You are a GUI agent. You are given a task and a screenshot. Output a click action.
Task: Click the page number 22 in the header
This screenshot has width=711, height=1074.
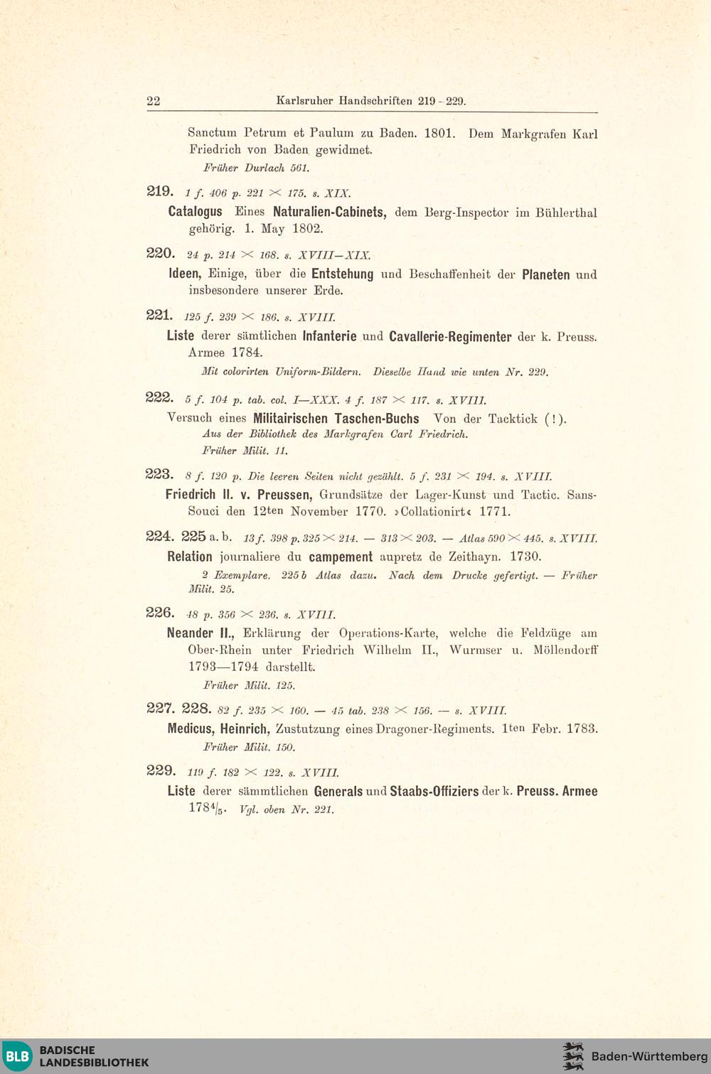click(x=154, y=101)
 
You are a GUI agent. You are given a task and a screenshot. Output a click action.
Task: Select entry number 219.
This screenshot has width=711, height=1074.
click(x=160, y=191)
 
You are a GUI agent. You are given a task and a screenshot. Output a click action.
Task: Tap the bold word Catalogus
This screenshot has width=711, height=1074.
click(x=195, y=212)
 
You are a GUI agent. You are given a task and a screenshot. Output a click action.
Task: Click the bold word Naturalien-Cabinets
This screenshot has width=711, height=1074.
click(x=329, y=212)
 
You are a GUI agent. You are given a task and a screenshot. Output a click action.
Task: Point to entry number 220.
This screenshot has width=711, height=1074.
click(x=160, y=254)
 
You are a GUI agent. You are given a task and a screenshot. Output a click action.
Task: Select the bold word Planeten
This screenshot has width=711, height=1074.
click(x=545, y=274)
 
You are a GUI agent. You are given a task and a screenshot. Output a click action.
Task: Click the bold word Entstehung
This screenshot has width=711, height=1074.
click(x=342, y=274)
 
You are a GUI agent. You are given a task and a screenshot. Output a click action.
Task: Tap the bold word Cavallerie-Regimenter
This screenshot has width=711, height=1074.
click(x=450, y=336)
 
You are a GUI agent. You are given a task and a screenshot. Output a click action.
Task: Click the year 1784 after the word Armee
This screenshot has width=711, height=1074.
click(x=247, y=353)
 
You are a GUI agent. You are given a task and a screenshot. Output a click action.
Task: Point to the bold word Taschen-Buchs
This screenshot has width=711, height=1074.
click(x=377, y=419)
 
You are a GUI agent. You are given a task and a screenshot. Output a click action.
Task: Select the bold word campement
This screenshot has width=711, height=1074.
click(x=341, y=557)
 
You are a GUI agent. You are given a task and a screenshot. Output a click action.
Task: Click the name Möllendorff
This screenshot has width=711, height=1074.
click(x=565, y=650)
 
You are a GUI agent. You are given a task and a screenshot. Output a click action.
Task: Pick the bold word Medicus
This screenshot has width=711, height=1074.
click(x=190, y=729)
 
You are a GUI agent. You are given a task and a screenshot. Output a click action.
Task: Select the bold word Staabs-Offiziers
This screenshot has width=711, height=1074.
click(x=434, y=791)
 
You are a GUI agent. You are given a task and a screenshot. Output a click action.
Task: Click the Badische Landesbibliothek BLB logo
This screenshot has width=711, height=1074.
click(x=18, y=1056)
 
